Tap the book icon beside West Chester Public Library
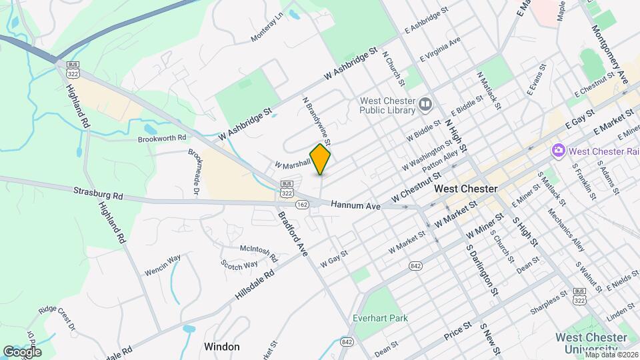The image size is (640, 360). (425, 105)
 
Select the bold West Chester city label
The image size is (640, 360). (465, 189)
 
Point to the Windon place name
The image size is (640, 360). (221, 347)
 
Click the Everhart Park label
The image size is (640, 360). (381, 318)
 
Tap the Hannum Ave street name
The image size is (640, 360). (355, 206)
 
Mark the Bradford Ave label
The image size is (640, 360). (293, 235)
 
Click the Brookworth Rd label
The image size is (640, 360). (161, 139)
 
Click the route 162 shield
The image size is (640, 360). (303, 205)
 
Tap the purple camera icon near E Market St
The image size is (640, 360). (557, 151)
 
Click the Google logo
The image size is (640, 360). (23, 351)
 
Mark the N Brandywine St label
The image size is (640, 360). (317, 121)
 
